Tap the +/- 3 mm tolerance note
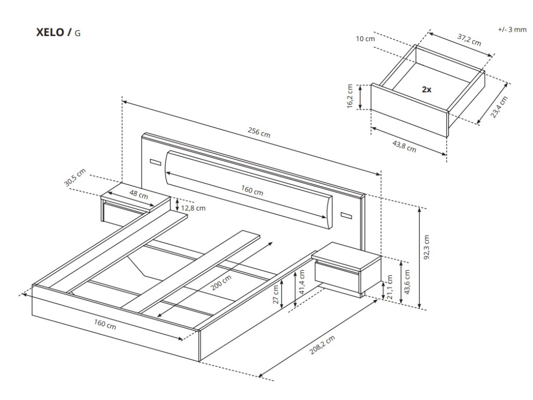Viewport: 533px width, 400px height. [512, 30]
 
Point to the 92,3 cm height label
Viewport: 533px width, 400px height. [426, 247]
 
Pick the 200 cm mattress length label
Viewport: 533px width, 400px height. [222, 284]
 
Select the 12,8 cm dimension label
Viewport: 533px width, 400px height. [194, 208]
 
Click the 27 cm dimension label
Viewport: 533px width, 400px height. [276, 294]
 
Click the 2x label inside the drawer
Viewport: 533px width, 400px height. [426, 89]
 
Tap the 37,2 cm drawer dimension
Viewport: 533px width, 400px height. [469, 39]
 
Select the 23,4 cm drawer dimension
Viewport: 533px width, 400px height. [499, 107]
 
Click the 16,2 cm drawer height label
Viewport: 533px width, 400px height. [350, 96]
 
